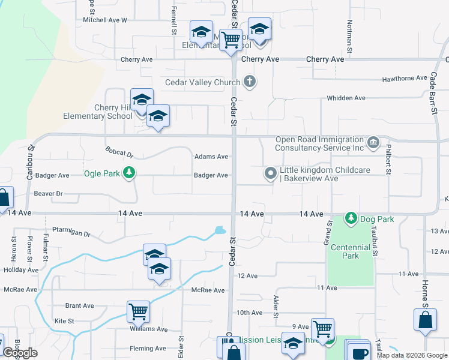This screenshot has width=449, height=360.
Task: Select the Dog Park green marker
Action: pyautogui.click(x=351, y=218)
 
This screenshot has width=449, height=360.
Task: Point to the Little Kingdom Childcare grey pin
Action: pyautogui.click(x=271, y=174)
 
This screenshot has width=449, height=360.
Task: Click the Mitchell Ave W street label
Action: pyautogui.click(x=105, y=20)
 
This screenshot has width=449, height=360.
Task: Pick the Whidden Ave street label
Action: pyautogui.click(x=346, y=98)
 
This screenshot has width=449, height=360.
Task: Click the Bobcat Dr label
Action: pyautogui.click(x=118, y=152)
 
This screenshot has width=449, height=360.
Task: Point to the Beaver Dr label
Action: pyautogui.click(x=48, y=194)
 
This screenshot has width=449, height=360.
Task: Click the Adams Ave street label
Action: pyautogui.click(x=211, y=157)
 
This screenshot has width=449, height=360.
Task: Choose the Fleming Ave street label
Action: pyautogui.click(x=148, y=349)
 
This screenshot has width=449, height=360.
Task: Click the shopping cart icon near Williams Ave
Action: pyautogui.click(x=138, y=312)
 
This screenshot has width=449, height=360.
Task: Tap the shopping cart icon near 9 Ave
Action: pyautogui.click(x=322, y=328)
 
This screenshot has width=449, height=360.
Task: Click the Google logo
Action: pyautogui.click(x=20, y=353)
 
